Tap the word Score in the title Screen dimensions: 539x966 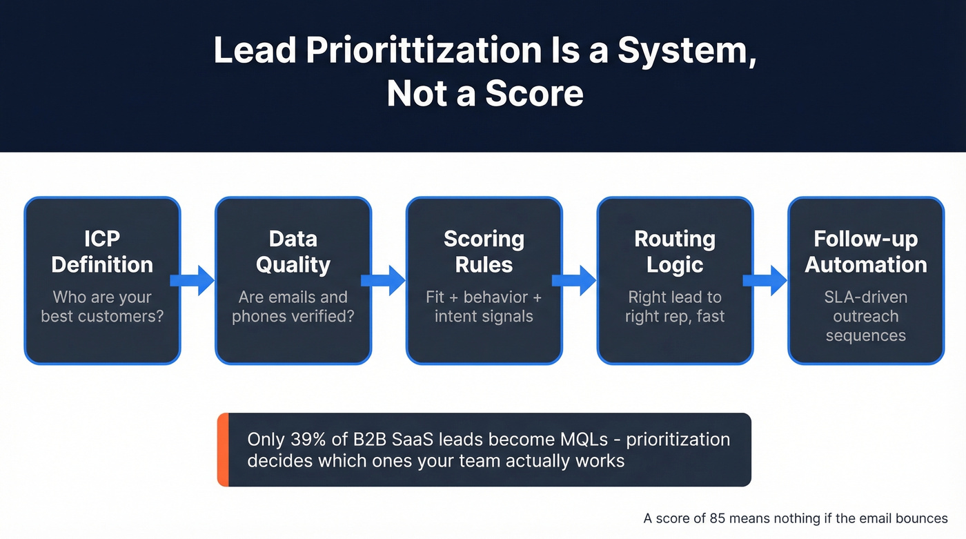tap(534, 94)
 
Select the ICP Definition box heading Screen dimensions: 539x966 tap(102, 252)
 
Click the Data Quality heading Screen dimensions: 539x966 tap(293, 252)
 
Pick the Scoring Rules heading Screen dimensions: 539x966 tap(484, 252)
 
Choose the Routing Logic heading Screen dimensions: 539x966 tap(675, 252)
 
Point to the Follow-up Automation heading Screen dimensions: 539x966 tap(866, 252)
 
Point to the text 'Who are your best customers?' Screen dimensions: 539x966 tap(102, 307)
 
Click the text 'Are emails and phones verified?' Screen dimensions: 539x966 tap(293, 307)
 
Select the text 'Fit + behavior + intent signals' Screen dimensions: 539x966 tap(484, 307)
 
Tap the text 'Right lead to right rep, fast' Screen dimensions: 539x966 tap(675, 307)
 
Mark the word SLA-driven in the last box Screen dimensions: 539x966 tap(866, 297)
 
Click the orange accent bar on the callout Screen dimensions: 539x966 tap(222, 450)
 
